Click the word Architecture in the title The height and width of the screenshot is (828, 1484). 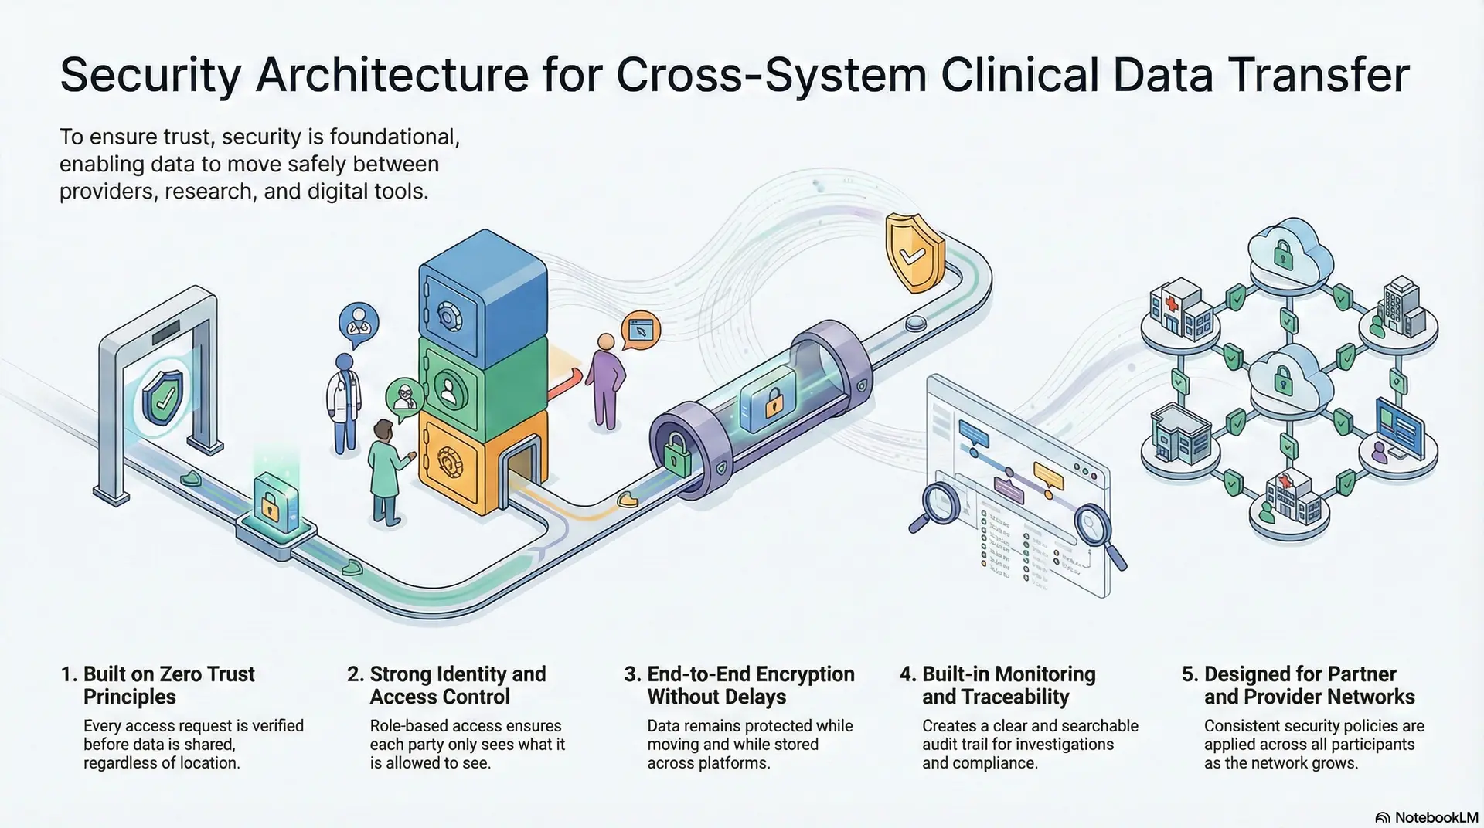pyautogui.click(x=393, y=75)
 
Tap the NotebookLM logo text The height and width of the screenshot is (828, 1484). pyautogui.click(x=1435, y=817)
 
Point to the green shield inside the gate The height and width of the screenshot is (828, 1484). pyautogui.click(x=163, y=398)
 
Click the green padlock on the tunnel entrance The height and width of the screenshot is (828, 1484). pyautogui.click(x=678, y=456)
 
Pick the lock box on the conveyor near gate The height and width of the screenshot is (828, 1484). pyautogui.click(x=271, y=504)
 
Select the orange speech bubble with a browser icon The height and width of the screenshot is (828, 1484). pyautogui.click(x=641, y=330)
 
